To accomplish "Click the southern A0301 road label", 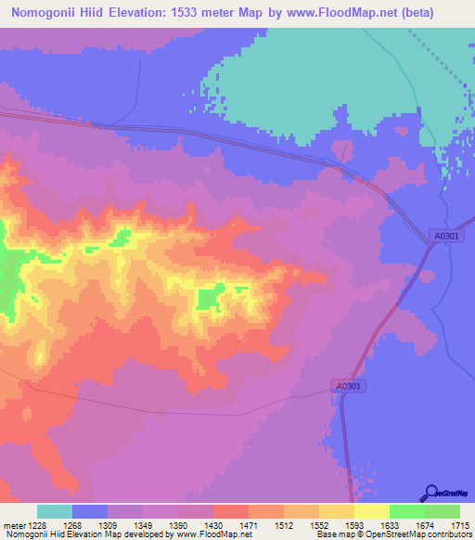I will tap(346, 385).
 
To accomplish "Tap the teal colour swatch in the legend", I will tap(55, 511).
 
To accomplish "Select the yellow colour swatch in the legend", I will tap(371, 511).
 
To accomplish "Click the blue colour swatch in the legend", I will tap(90, 511).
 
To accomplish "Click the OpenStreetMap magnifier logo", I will tap(430, 492).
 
